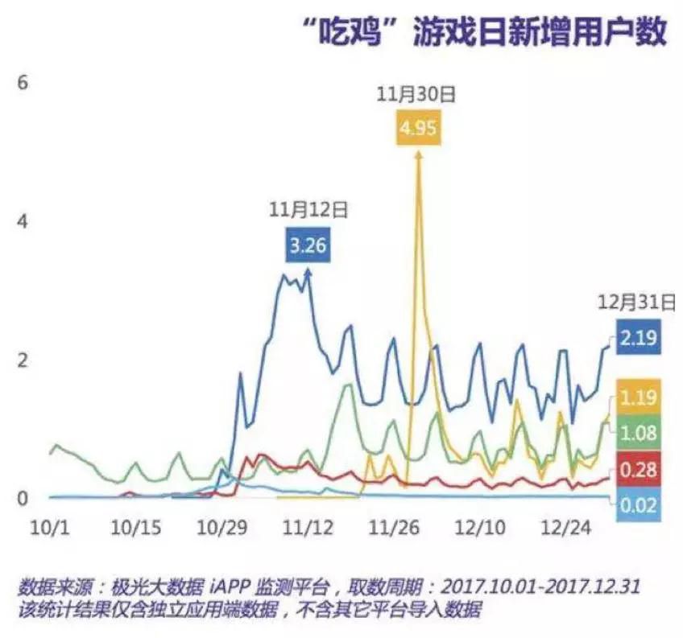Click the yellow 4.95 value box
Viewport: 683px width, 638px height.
(418, 130)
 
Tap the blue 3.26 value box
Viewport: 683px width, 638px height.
(308, 245)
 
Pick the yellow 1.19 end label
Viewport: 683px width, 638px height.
(639, 396)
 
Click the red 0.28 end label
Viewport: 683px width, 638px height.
(639, 469)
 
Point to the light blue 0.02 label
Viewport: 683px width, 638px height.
(639, 506)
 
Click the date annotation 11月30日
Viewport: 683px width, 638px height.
(417, 94)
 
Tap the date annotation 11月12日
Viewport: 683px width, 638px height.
(308, 210)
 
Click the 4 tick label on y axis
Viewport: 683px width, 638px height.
(23, 220)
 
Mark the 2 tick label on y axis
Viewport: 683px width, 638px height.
(23, 359)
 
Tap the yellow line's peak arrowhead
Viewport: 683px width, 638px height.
(417, 154)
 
